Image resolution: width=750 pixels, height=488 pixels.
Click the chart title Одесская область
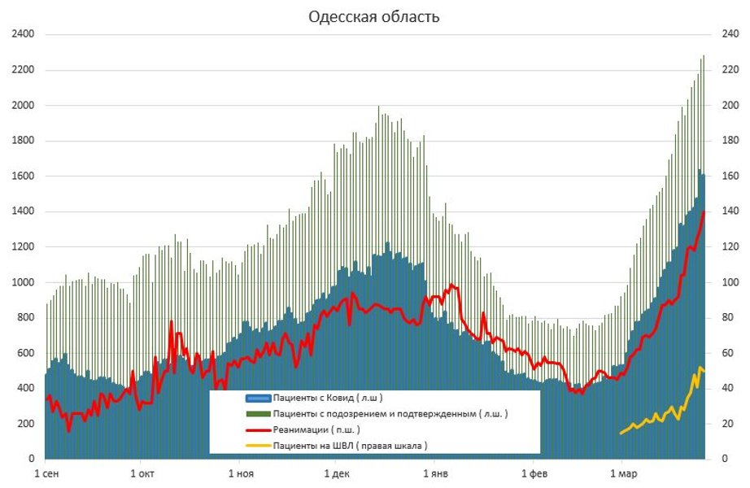click(x=374, y=17)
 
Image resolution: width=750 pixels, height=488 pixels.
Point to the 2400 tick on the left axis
click(x=23, y=35)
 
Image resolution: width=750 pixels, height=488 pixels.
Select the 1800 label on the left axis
click(x=23, y=141)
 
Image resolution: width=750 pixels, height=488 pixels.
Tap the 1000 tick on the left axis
click(x=23, y=282)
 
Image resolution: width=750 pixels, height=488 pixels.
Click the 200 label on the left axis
click(x=26, y=424)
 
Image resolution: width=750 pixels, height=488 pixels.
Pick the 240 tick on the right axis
click(x=722, y=35)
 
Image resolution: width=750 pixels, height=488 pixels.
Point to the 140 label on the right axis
click(x=722, y=211)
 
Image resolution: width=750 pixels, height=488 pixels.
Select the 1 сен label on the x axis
click(x=46, y=473)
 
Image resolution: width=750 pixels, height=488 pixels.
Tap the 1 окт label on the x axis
click(x=142, y=473)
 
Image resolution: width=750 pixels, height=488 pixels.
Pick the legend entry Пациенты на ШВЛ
click(x=350, y=446)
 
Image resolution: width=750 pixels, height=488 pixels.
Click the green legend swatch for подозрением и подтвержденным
click(x=258, y=414)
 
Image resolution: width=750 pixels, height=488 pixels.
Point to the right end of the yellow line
click(x=704, y=370)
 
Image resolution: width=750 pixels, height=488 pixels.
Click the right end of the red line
click(x=704, y=212)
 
